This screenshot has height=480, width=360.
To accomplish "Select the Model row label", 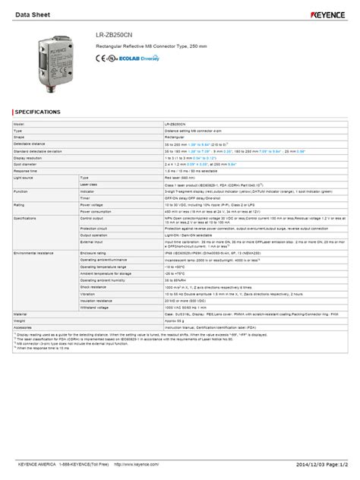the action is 21,123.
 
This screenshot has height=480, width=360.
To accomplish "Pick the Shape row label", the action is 21,137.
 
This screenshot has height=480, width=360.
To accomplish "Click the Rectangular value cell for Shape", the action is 176,137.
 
